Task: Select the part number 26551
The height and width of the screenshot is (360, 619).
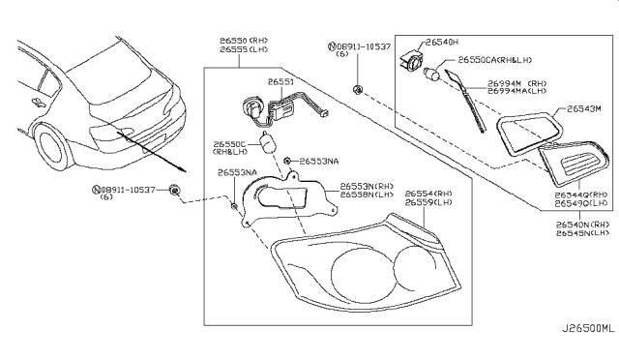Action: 280,83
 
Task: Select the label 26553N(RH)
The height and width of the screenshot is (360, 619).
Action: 368,185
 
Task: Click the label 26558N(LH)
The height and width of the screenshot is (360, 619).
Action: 368,194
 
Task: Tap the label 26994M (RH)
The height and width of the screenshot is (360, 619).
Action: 517,84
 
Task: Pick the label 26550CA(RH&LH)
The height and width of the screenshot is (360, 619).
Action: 497,59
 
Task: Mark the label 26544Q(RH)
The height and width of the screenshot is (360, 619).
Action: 581,195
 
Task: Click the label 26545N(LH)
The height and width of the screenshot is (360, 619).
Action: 581,232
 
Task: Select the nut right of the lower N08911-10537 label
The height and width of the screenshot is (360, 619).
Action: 174,189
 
